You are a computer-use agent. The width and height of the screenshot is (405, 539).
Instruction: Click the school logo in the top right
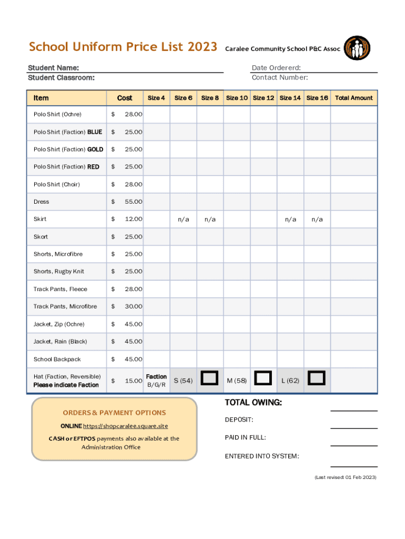click(357, 48)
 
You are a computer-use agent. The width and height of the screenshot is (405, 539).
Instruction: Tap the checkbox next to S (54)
click(210, 378)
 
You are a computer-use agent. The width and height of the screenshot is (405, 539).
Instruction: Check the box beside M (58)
click(263, 378)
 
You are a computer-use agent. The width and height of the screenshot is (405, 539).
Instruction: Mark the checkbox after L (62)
click(317, 378)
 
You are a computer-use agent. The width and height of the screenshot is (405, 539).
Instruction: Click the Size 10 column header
click(237, 98)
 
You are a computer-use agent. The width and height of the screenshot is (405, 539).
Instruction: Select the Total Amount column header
click(353, 98)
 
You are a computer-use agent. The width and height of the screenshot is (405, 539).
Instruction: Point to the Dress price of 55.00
click(133, 202)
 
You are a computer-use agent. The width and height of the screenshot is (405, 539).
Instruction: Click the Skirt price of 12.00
click(133, 219)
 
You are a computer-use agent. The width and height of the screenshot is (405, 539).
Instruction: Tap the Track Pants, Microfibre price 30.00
click(133, 306)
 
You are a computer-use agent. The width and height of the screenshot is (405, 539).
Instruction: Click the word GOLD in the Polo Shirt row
click(95, 149)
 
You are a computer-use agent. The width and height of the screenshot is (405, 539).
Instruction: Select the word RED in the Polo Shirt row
click(93, 167)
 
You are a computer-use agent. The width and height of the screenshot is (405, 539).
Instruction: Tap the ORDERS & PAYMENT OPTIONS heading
click(114, 413)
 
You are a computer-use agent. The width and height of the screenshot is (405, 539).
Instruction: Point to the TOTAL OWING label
click(253, 403)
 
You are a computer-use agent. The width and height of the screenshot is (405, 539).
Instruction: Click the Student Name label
click(54, 68)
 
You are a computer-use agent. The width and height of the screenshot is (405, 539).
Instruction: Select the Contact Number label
click(280, 78)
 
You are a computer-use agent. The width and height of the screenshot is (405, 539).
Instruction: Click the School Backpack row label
click(57, 359)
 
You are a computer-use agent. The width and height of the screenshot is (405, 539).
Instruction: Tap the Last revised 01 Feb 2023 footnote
click(346, 477)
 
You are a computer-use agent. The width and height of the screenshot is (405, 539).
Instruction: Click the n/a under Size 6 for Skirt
click(183, 219)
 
